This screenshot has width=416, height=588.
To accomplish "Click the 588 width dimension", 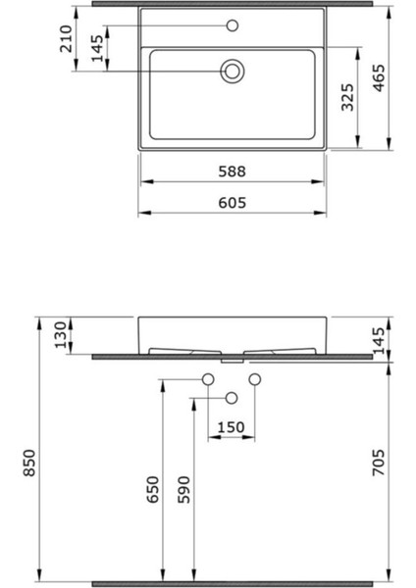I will pyautogui.click(x=233, y=171).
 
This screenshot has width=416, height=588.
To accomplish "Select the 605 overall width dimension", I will pyautogui.click(x=233, y=203).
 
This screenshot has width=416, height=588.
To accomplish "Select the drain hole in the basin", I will pyautogui.click(x=233, y=71).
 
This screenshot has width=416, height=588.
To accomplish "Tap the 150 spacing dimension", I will pyautogui.click(x=231, y=426).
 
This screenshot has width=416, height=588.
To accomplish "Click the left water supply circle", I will pyautogui.click(x=208, y=379).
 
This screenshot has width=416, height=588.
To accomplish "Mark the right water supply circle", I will pyautogui.click(x=255, y=379).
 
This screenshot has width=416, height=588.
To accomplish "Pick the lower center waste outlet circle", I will pyautogui.click(x=232, y=397).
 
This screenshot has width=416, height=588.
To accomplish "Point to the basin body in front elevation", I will pyautogui.click(x=233, y=332).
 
